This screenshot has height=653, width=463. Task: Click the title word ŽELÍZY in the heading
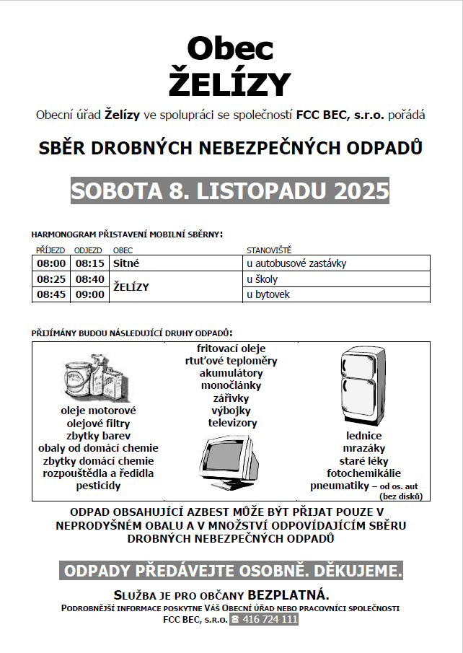pyautogui.click(x=230, y=83)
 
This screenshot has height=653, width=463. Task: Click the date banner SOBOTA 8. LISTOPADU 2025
pyautogui.click(x=230, y=190)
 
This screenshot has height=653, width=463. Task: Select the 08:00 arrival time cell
pyautogui.click(x=52, y=263)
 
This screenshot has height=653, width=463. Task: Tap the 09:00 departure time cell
pyautogui.click(x=90, y=294)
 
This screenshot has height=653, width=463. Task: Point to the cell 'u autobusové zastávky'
pyautogui.click(x=296, y=263)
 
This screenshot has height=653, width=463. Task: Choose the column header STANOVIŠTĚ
pyautogui.click(x=269, y=250)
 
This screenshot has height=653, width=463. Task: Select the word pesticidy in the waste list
pyautogui.click(x=98, y=486)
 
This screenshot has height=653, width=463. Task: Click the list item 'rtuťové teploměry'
pyautogui.click(x=231, y=361)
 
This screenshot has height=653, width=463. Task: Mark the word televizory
pyautogui.click(x=232, y=423)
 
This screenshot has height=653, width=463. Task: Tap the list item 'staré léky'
pyautogui.click(x=364, y=460)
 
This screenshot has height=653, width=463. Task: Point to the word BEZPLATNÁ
pyautogui.click(x=288, y=595)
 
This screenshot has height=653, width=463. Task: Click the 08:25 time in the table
pyautogui.click(x=52, y=279)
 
